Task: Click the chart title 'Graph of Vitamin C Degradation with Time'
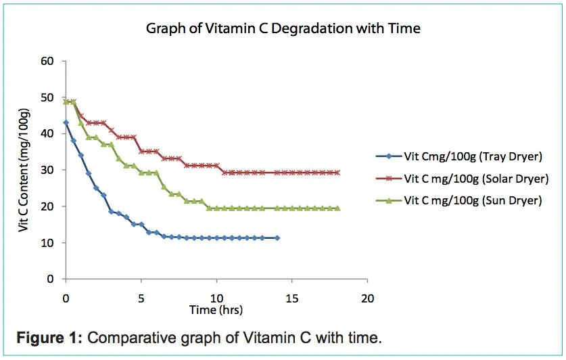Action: (283, 29)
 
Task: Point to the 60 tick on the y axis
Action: (47, 61)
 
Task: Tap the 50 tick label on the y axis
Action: (47, 97)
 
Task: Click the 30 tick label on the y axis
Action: (47, 170)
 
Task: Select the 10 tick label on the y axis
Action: (47, 242)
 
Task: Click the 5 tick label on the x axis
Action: (141, 298)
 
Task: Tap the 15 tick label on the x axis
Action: (292, 298)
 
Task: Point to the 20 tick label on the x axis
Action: (368, 298)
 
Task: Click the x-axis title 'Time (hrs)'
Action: (216, 310)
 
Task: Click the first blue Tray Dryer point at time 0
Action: (66, 122)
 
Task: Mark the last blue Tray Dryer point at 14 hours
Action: (277, 238)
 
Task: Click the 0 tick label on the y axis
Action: (49, 279)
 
